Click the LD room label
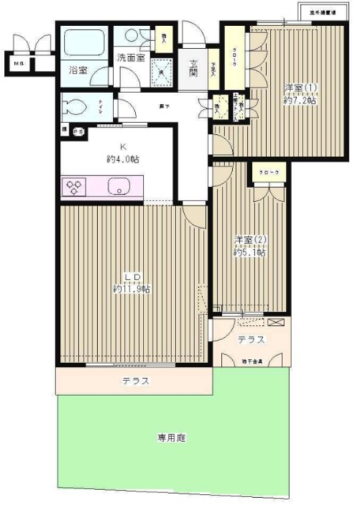tap(132, 276)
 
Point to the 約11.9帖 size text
tap(132, 289)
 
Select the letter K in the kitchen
tap(122, 146)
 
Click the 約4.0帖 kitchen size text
tap(122, 159)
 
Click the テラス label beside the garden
tap(136, 381)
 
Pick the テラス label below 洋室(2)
tap(251, 339)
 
